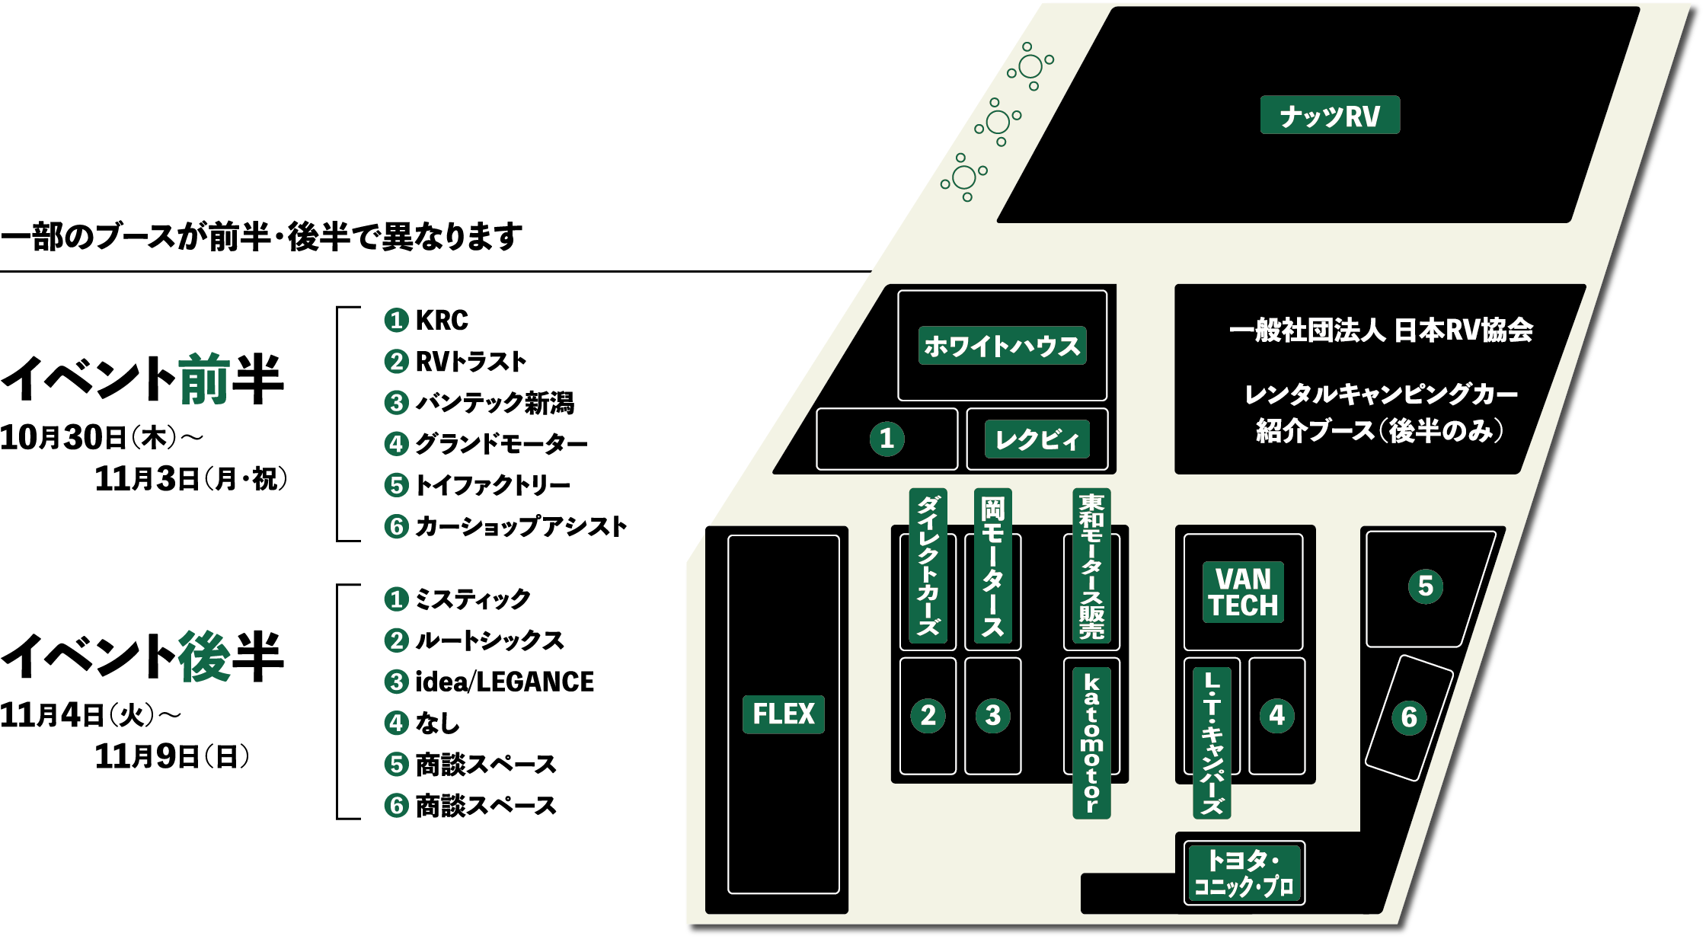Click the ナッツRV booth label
coord(1330,115)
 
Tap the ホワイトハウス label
coord(1002,346)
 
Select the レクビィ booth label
coord(1037,439)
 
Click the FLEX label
coord(783,714)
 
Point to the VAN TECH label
coord(1243,592)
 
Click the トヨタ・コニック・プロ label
coord(1244,873)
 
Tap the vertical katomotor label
coord(1091,743)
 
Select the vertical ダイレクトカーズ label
coord(928,566)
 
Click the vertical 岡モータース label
coord(992,566)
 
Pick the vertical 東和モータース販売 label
coord(1091,566)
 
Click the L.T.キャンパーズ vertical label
coord(1212,743)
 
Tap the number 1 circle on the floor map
coord(887,439)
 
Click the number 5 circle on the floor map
coord(1425,586)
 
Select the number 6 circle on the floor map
coord(1409,717)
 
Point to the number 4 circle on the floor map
coord(1276,715)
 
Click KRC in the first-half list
coord(442,321)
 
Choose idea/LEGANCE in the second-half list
coord(504,682)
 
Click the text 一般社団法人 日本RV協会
coord(1380,331)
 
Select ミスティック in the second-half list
coord(472,599)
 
